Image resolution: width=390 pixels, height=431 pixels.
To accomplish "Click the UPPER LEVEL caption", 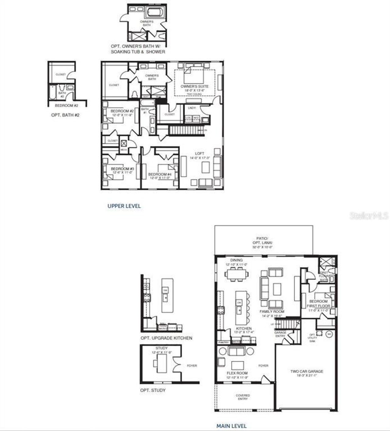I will (x=124, y=206).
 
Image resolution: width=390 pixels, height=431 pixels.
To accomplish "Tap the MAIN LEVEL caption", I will (x=232, y=426).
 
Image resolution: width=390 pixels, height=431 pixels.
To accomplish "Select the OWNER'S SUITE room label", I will (x=194, y=87).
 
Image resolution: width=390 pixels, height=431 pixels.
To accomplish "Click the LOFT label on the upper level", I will (x=200, y=154).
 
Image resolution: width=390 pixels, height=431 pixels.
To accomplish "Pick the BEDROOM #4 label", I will (x=160, y=175).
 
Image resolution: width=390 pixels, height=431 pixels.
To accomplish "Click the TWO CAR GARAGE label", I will (x=307, y=372).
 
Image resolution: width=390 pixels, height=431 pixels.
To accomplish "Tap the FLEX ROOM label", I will (x=237, y=373).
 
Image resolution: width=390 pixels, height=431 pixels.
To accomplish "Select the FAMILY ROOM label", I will (x=272, y=312).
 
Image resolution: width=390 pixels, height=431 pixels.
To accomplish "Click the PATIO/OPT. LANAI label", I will (x=262, y=240).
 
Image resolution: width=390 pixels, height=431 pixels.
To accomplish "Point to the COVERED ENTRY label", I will (x=243, y=397).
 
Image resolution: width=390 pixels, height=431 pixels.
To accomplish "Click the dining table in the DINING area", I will (x=236, y=274).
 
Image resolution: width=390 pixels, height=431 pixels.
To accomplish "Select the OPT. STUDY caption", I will (x=153, y=390).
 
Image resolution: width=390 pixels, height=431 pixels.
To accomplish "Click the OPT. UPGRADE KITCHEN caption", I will (x=166, y=338).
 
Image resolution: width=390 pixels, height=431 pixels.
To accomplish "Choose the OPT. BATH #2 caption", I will (x=65, y=115).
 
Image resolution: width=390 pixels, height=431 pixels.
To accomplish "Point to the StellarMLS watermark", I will (x=369, y=216).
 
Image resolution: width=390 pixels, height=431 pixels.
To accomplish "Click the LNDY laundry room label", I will (x=192, y=108).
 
